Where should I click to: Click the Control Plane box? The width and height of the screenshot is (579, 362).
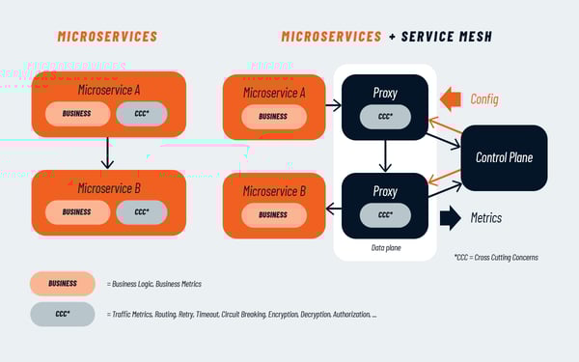[x=505, y=157]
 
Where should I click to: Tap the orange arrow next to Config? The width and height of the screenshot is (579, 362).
[x=451, y=98]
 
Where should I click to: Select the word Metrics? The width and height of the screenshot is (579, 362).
[x=485, y=218]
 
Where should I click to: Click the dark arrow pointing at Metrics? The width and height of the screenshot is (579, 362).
[x=450, y=218]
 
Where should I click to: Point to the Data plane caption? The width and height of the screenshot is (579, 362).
[x=385, y=248]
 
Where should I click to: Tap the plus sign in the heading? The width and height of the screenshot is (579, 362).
[x=392, y=37]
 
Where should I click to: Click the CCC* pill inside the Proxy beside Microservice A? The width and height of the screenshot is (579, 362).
[x=385, y=115]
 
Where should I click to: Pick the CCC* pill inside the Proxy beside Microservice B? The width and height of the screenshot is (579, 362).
[x=385, y=214]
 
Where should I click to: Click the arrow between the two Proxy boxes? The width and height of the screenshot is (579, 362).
[x=385, y=153]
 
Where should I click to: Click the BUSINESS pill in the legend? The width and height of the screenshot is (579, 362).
[x=63, y=284]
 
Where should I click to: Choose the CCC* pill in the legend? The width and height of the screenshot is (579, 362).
[x=63, y=315]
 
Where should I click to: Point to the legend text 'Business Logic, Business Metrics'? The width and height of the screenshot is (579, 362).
[x=154, y=284]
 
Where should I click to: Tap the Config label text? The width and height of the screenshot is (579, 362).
[x=484, y=98]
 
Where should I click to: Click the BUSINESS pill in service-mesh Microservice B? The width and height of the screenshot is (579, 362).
[x=272, y=214]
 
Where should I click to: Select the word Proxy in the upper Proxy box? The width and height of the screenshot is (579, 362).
[x=385, y=92]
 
